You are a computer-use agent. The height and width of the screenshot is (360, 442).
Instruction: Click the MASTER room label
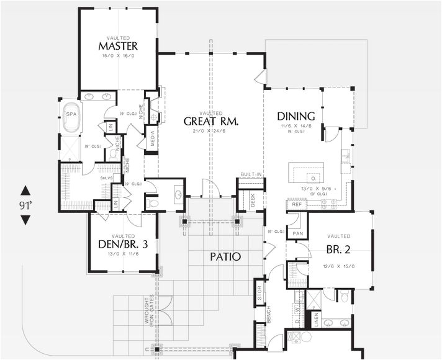coord(118,47)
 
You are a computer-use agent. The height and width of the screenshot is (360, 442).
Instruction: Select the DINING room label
coord(296,116)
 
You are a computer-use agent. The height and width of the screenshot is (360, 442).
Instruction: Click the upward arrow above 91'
coord(25,190)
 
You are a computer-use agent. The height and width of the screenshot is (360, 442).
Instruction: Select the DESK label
coord(253,200)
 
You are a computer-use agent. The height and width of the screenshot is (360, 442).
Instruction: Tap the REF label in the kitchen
coord(296,203)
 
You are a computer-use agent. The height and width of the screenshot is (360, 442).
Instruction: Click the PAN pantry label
coord(298,233)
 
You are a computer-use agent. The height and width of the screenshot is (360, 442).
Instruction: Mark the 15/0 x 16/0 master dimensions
coord(118,56)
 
